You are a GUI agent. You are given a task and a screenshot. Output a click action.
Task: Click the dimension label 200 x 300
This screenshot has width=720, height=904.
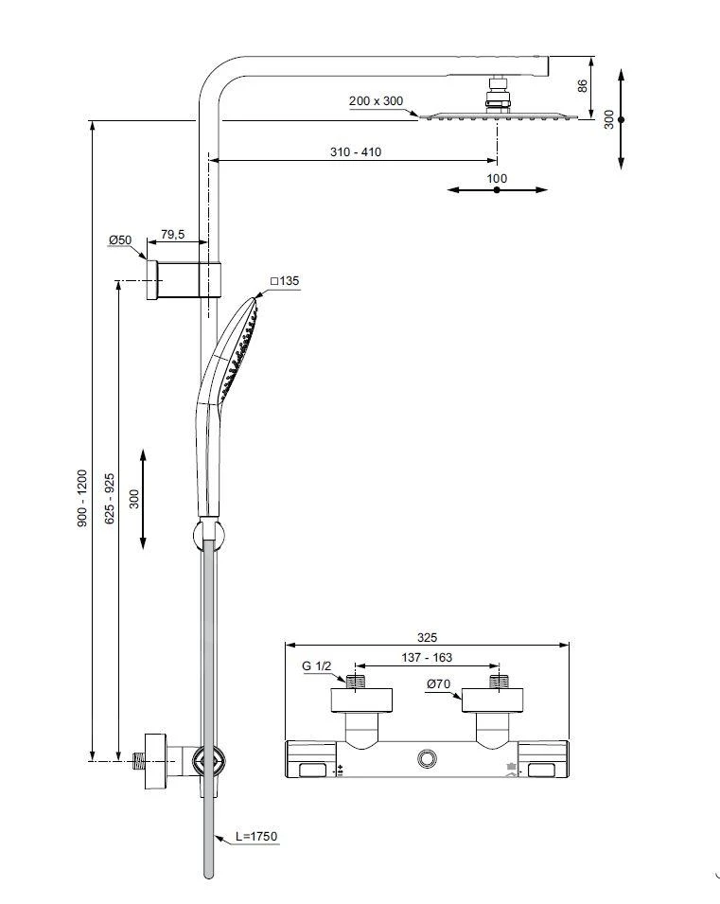click(376, 100)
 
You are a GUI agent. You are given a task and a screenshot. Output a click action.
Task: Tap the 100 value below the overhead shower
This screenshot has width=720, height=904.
click(497, 178)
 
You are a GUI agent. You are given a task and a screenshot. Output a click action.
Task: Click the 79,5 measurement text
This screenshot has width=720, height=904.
click(172, 233)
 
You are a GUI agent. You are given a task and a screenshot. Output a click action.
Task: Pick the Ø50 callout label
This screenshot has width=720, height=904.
click(120, 240)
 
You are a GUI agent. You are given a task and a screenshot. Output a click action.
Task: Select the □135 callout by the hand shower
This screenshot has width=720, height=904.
click(284, 281)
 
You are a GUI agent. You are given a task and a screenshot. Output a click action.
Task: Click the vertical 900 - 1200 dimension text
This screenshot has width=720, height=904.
click(82, 498)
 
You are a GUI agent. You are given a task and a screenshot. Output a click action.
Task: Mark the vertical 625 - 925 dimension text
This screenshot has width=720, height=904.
click(110, 498)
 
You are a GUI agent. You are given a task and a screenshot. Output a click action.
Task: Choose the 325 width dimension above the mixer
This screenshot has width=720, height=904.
click(427, 638)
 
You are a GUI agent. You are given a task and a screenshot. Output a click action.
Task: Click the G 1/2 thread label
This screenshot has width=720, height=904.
click(316, 666)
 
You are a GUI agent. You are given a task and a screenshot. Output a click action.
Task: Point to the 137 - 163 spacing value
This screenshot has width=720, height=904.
click(427, 657)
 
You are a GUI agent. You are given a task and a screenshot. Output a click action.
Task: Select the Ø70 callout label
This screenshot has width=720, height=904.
click(437, 683)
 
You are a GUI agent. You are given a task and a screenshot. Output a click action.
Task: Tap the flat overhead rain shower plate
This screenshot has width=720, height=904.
click(497, 117)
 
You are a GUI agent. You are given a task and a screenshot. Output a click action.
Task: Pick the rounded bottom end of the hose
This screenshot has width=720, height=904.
click(210, 872)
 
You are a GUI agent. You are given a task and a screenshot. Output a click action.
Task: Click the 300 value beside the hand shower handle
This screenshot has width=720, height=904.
click(134, 498)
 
